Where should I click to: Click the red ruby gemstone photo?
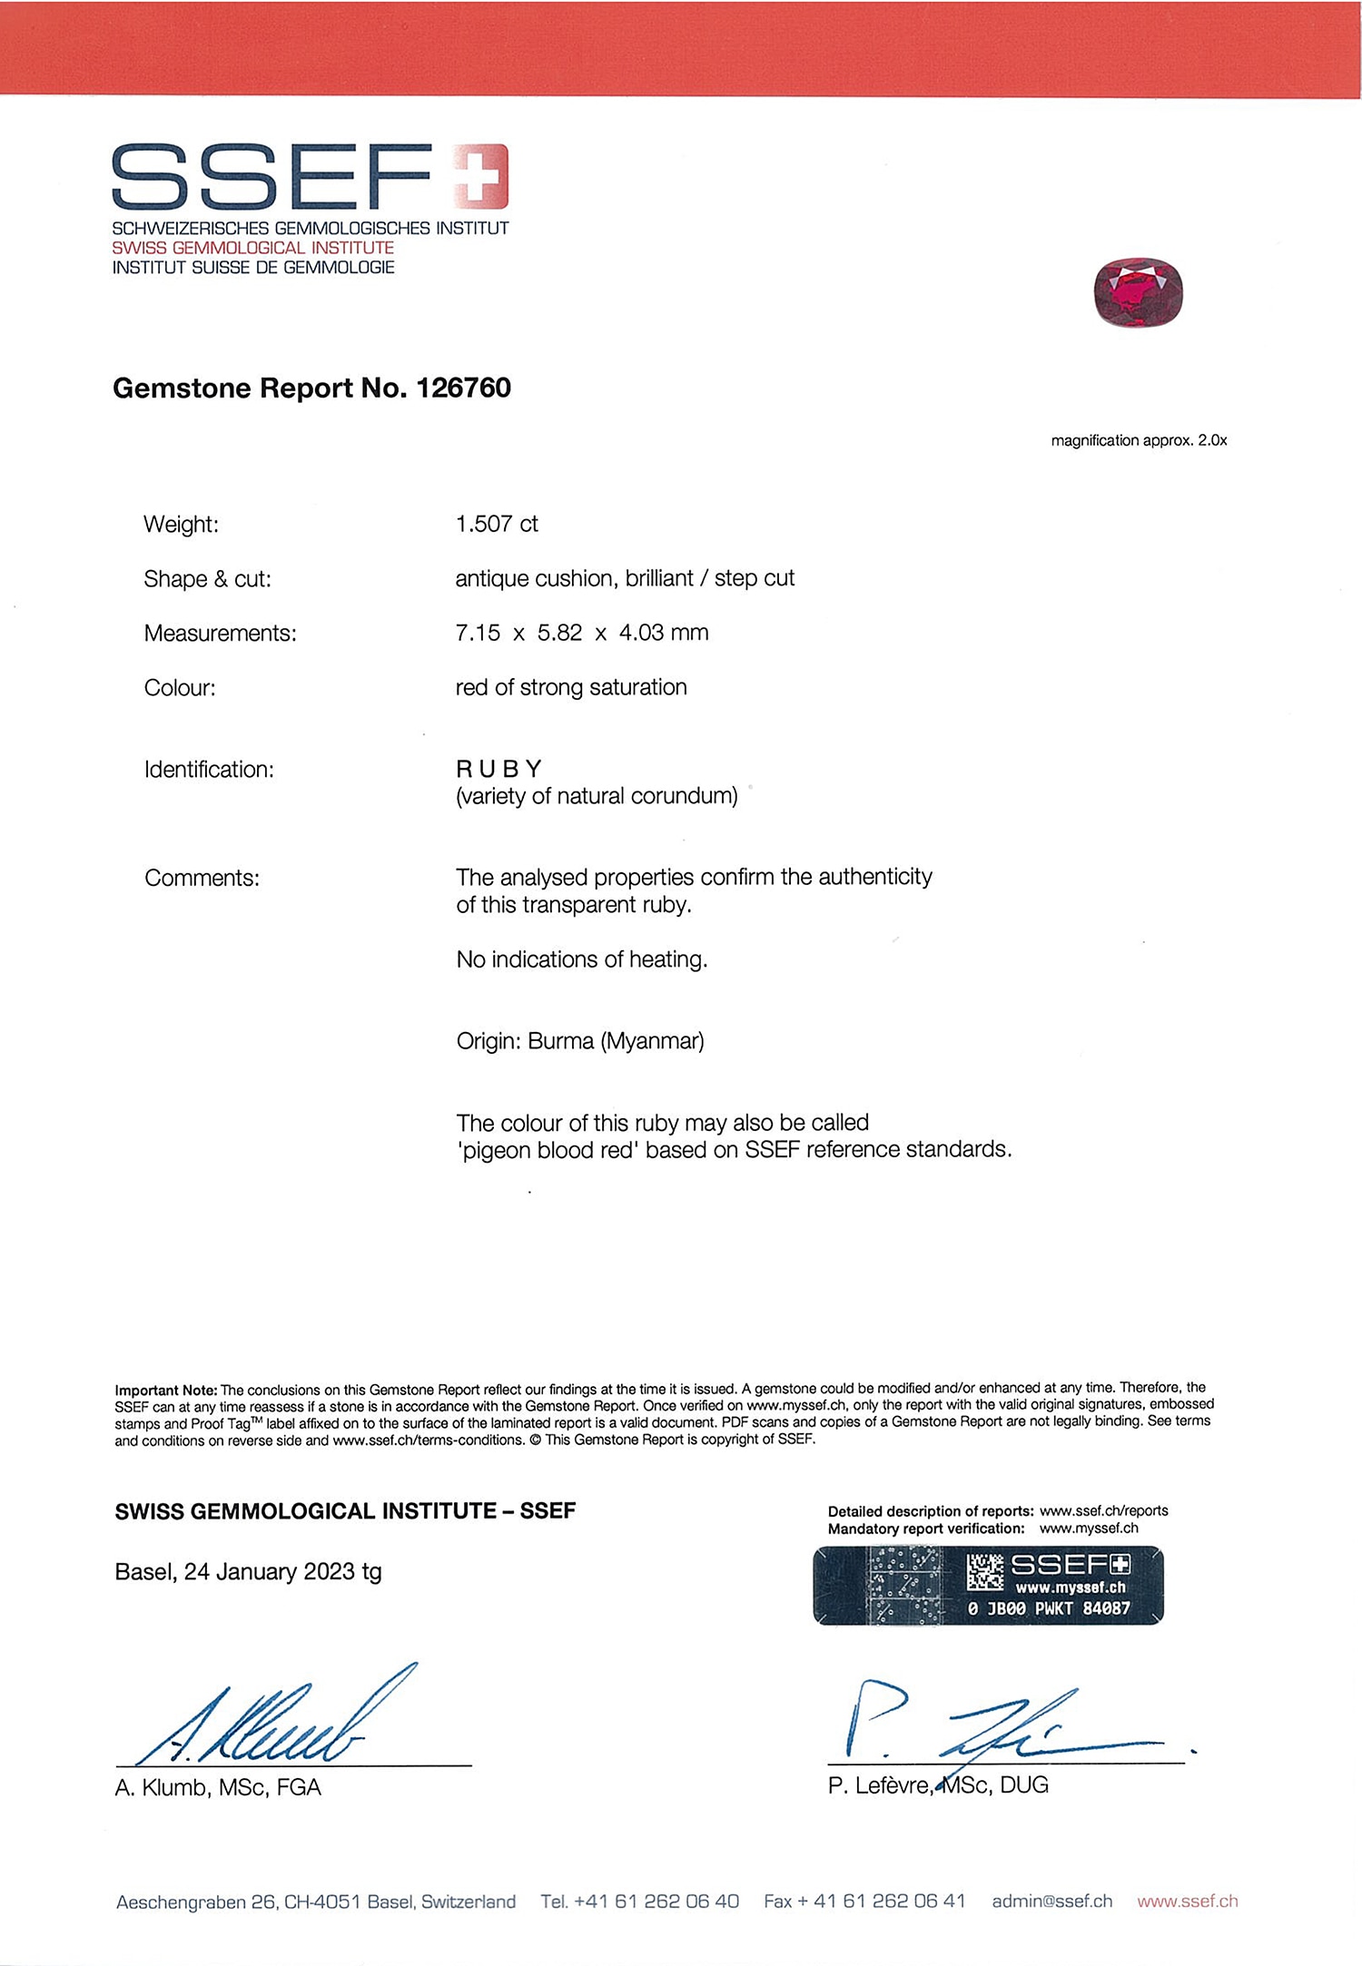(x=1139, y=292)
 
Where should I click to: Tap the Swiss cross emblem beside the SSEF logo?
(x=480, y=176)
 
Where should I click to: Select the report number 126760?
(x=463, y=388)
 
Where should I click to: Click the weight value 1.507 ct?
(x=497, y=524)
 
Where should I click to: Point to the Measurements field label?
(x=220, y=634)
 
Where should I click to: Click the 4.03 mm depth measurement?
(x=663, y=633)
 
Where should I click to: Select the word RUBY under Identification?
(x=498, y=769)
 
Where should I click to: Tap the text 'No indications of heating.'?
(x=581, y=959)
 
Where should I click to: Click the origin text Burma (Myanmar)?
(x=616, y=1041)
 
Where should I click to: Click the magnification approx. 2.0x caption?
(x=1139, y=441)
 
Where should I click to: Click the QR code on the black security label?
(x=984, y=1572)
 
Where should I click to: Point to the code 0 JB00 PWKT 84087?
(x=1049, y=1608)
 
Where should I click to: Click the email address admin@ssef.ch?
(x=1051, y=1902)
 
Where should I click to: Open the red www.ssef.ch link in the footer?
(x=1187, y=1902)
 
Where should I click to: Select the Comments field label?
(x=202, y=879)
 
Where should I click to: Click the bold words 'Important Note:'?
(x=165, y=1391)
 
